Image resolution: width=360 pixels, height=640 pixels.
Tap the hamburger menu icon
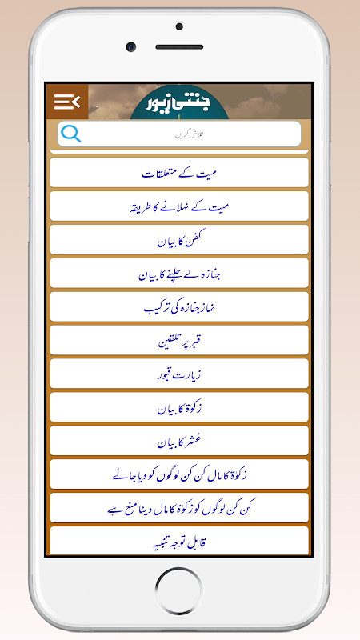tap(67, 101)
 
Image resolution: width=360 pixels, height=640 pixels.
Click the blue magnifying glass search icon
tap(71, 134)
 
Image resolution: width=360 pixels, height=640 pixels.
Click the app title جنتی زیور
tap(179, 104)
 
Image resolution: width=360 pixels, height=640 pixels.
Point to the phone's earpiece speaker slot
tap(179, 47)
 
